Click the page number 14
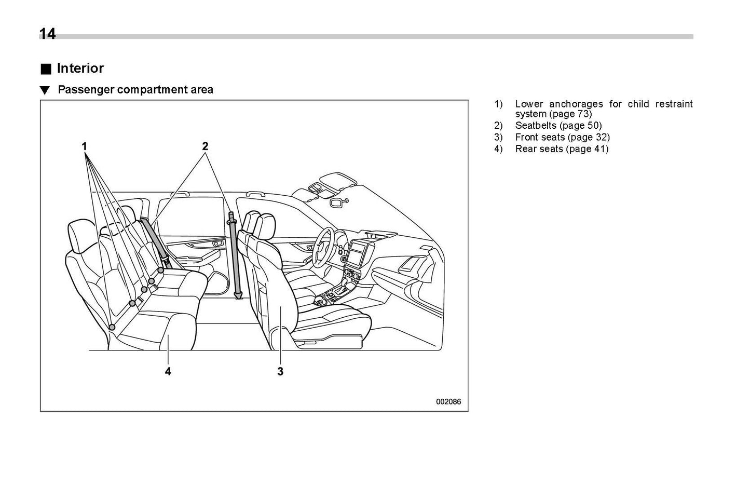coord(47,34)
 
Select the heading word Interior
coord(80,69)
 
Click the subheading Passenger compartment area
coord(135,90)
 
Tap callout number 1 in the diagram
coord(84,146)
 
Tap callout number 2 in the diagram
coord(205,146)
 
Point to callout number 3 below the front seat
coord(280,371)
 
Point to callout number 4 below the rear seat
coord(168,371)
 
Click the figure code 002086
coord(448,401)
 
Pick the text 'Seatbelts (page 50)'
coord(558,126)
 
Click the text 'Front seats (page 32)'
coord(562,137)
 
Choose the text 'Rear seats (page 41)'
coord(562,149)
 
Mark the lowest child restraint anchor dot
coord(112,327)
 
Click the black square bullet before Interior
coord(46,69)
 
